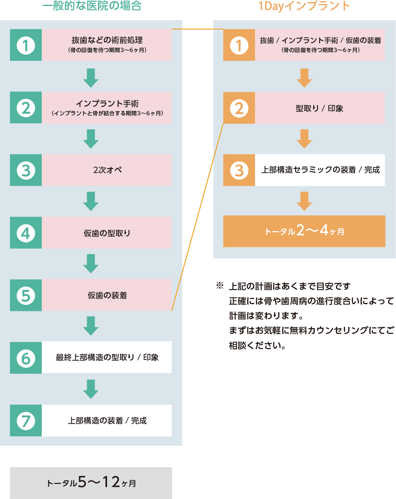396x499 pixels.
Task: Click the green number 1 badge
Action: pyautogui.click(x=26, y=45)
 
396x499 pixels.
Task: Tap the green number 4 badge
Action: pyautogui.click(x=26, y=233)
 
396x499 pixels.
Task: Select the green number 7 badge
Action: pyautogui.click(x=26, y=421)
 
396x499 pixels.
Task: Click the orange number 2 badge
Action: pyautogui.click(x=239, y=108)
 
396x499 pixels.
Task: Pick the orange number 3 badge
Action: pyautogui.click(x=239, y=170)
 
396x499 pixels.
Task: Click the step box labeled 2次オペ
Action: pyautogui.click(x=107, y=170)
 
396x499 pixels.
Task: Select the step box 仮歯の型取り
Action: pyautogui.click(x=107, y=233)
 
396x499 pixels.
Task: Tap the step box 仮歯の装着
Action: pyautogui.click(x=107, y=295)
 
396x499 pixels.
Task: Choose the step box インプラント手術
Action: pyautogui.click(x=107, y=108)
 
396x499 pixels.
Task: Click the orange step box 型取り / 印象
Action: pyautogui.click(x=320, y=108)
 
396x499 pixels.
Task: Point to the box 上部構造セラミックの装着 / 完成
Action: pyautogui.click(x=320, y=170)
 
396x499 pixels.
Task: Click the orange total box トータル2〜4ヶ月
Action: pyautogui.click(x=304, y=231)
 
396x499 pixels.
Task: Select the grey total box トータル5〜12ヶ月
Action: pyautogui.click(x=91, y=483)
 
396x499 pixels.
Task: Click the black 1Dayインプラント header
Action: pyautogui.click(x=304, y=7)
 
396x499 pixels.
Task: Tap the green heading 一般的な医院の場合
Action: pyautogui.click(x=92, y=6)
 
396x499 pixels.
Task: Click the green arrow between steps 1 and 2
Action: pyautogui.click(x=91, y=78)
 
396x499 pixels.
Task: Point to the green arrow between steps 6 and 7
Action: pyautogui.click(x=91, y=388)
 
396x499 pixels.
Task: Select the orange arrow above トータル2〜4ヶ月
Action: pyautogui.click(x=304, y=201)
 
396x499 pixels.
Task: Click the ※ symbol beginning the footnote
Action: pyautogui.click(x=220, y=285)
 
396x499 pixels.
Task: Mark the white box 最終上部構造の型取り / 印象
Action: pyautogui.click(x=107, y=357)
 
